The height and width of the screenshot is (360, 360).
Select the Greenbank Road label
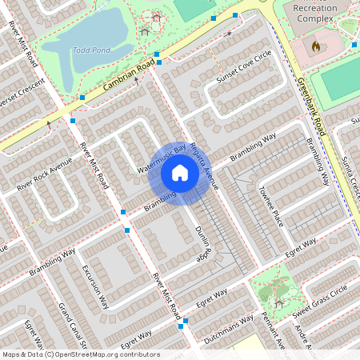pyautogui.click(x=310, y=105)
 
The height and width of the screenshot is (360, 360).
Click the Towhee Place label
pyautogui.click(x=270, y=204)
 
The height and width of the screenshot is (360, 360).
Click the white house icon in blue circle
pyautogui.click(x=180, y=173)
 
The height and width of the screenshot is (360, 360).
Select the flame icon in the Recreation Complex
pyautogui.click(x=315, y=46)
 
